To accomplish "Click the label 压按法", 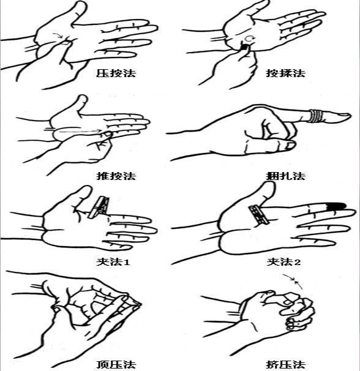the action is point(116,73).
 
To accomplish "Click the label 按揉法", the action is point(285,73).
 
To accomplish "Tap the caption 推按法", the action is point(116,176).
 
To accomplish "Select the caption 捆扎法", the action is point(285,176).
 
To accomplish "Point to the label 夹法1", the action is point(113,262).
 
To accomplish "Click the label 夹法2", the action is point(284,262).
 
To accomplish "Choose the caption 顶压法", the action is point(116,364).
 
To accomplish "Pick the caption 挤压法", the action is point(285,364).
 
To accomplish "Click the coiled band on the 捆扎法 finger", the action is point(316,116).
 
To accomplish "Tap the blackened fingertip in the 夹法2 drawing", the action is point(336,206).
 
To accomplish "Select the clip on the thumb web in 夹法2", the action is point(258,215).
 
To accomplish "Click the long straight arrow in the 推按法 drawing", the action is point(80,130).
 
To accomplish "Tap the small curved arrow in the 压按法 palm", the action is point(58,35).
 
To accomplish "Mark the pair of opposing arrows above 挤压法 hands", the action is point(293,282).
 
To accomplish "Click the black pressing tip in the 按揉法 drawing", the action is point(244,47).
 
